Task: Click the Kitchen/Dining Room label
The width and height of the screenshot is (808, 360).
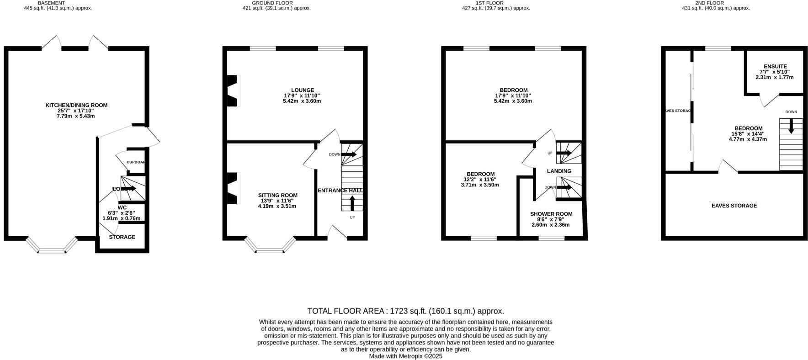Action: point(76,105)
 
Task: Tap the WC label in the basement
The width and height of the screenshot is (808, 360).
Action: point(122,207)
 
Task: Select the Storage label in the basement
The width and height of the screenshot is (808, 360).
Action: point(122,237)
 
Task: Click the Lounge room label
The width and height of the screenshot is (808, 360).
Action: point(303,90)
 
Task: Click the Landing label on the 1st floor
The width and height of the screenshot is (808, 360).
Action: point(559,171)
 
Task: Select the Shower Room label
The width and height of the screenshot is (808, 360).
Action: point(551,214)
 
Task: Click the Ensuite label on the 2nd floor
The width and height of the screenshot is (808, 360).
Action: point(775,66)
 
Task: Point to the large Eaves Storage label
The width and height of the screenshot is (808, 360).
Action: point(734,206)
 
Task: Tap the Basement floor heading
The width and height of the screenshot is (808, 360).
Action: point(51,3)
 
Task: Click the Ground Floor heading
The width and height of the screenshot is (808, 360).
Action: point(272,3)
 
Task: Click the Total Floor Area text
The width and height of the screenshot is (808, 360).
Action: point(405,311)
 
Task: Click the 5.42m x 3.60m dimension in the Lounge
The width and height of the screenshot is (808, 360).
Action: point(302,101)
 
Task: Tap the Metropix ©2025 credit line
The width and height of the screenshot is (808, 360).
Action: point(405,356)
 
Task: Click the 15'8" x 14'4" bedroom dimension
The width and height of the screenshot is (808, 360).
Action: point(748,134)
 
